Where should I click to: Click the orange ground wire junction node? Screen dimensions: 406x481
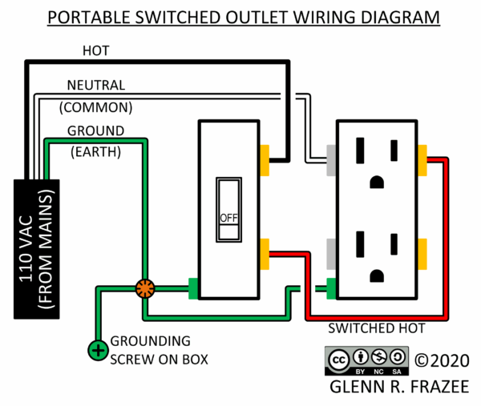[x=145, y=288]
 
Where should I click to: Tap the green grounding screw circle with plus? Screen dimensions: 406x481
[x=98, y=350]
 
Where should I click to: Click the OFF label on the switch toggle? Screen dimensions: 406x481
[x=228, y=218]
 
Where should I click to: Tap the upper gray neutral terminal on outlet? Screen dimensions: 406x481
[x=330, y=159]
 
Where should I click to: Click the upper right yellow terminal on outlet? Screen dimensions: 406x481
[x=422, y=159]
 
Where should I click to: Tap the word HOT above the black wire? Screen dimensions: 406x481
[x=96, y=51]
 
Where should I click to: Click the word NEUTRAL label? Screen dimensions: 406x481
[x=95, y=85]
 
